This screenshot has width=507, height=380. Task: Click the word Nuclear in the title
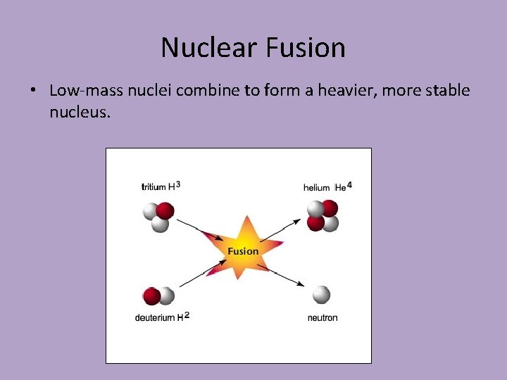210,48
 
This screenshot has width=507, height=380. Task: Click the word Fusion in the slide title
306,48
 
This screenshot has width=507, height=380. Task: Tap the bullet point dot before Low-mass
33,91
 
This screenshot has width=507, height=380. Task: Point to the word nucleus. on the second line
80,110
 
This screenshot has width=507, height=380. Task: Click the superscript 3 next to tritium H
178,184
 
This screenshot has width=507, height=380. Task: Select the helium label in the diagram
316,187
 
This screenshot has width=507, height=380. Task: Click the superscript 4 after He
350,185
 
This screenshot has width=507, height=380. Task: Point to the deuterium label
155,318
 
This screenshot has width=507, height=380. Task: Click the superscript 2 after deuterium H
187,315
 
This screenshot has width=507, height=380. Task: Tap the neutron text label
323,318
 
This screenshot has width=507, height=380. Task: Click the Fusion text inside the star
244,251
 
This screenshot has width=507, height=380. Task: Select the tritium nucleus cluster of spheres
158,217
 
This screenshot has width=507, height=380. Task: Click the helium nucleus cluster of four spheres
323,215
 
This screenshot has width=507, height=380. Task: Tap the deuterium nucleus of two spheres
158,296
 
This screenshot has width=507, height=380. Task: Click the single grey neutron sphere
321,294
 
